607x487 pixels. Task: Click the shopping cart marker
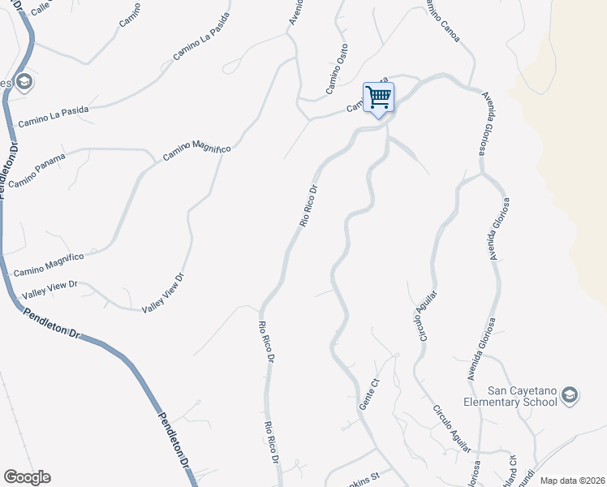click(x=379, y=98)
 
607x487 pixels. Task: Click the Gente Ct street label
click(x=370, y=394)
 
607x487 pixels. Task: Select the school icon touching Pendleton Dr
click(x=24, y=81)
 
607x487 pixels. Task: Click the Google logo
click(x=27, y=477)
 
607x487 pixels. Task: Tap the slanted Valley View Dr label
click(x=164, y=293)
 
